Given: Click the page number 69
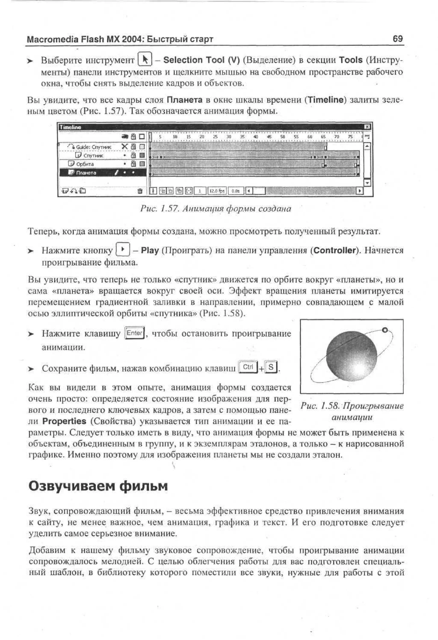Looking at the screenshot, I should (398, 39).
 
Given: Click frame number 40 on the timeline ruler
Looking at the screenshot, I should (256, 137).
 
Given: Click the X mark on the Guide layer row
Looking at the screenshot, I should (125, 147).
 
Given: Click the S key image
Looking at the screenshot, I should (271, 367).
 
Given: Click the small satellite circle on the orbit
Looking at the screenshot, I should (385, 330).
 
